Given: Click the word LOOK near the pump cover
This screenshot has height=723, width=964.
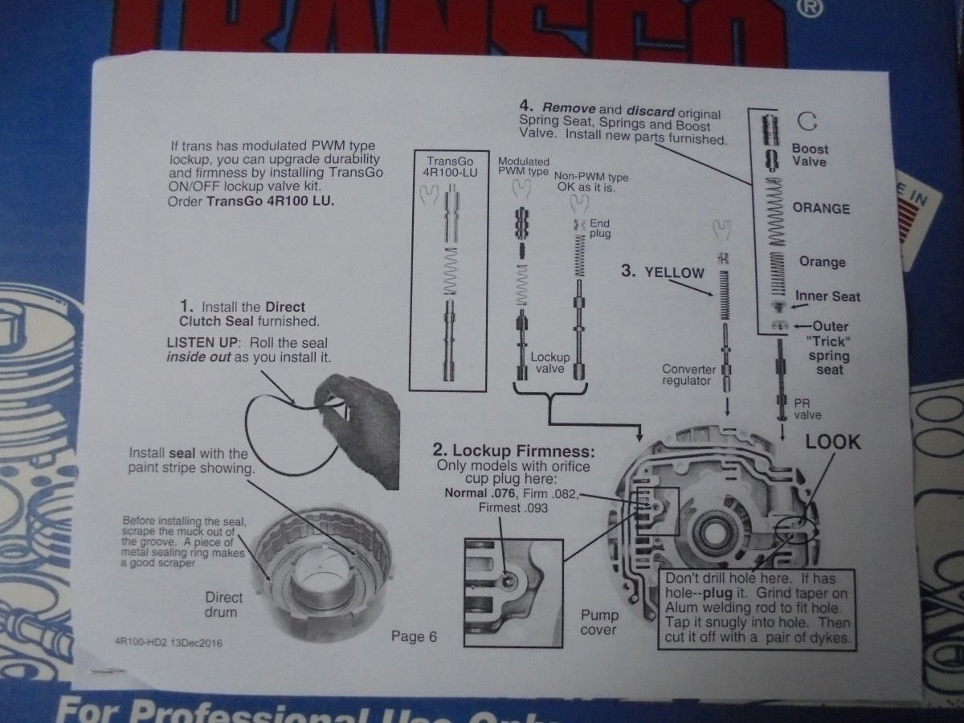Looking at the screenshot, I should (833, 442).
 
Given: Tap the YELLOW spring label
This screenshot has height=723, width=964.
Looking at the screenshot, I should (673, 272).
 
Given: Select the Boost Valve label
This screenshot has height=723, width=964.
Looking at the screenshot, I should (809, 155).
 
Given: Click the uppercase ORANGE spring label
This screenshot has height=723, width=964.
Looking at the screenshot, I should (820, 208).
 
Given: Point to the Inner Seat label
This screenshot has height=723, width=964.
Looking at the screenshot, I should (827, 296).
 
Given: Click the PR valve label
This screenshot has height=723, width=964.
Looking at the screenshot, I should (808, 409).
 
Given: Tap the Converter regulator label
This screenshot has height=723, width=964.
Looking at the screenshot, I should (688, 375).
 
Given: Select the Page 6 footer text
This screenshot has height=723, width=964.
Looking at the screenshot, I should (414, 637).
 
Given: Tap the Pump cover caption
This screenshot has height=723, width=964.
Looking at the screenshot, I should (598, 623).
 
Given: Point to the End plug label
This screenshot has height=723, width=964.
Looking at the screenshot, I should (600, 228).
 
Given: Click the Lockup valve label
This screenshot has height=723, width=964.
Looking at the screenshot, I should (550, 363).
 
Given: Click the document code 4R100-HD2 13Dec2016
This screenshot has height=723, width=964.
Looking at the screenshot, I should (168, 643).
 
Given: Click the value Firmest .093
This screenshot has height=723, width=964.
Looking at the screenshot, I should (513, 508).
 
